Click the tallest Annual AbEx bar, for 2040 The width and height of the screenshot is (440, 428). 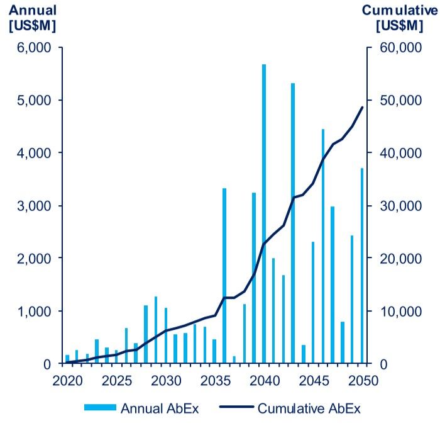click(264, 214)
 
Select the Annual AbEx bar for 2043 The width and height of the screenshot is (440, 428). click(293, 223)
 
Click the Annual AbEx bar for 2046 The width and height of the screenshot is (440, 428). click(323, 246)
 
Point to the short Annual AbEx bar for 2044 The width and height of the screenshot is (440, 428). click(303, 354)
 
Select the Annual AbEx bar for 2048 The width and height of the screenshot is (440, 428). click(343, 342)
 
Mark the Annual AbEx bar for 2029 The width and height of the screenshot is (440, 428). click(155, 330)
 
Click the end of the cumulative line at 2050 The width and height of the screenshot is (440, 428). click(363, 107)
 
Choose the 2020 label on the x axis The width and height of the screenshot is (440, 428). click(67, 381)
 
